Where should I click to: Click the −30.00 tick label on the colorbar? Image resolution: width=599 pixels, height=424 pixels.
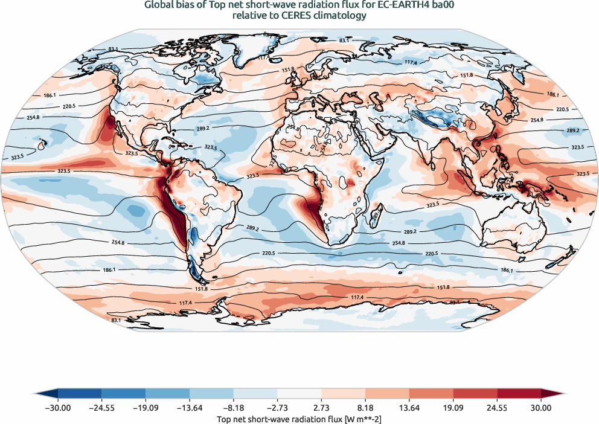click(57, 408)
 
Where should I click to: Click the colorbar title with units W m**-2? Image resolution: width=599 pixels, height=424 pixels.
click(299, 419)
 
